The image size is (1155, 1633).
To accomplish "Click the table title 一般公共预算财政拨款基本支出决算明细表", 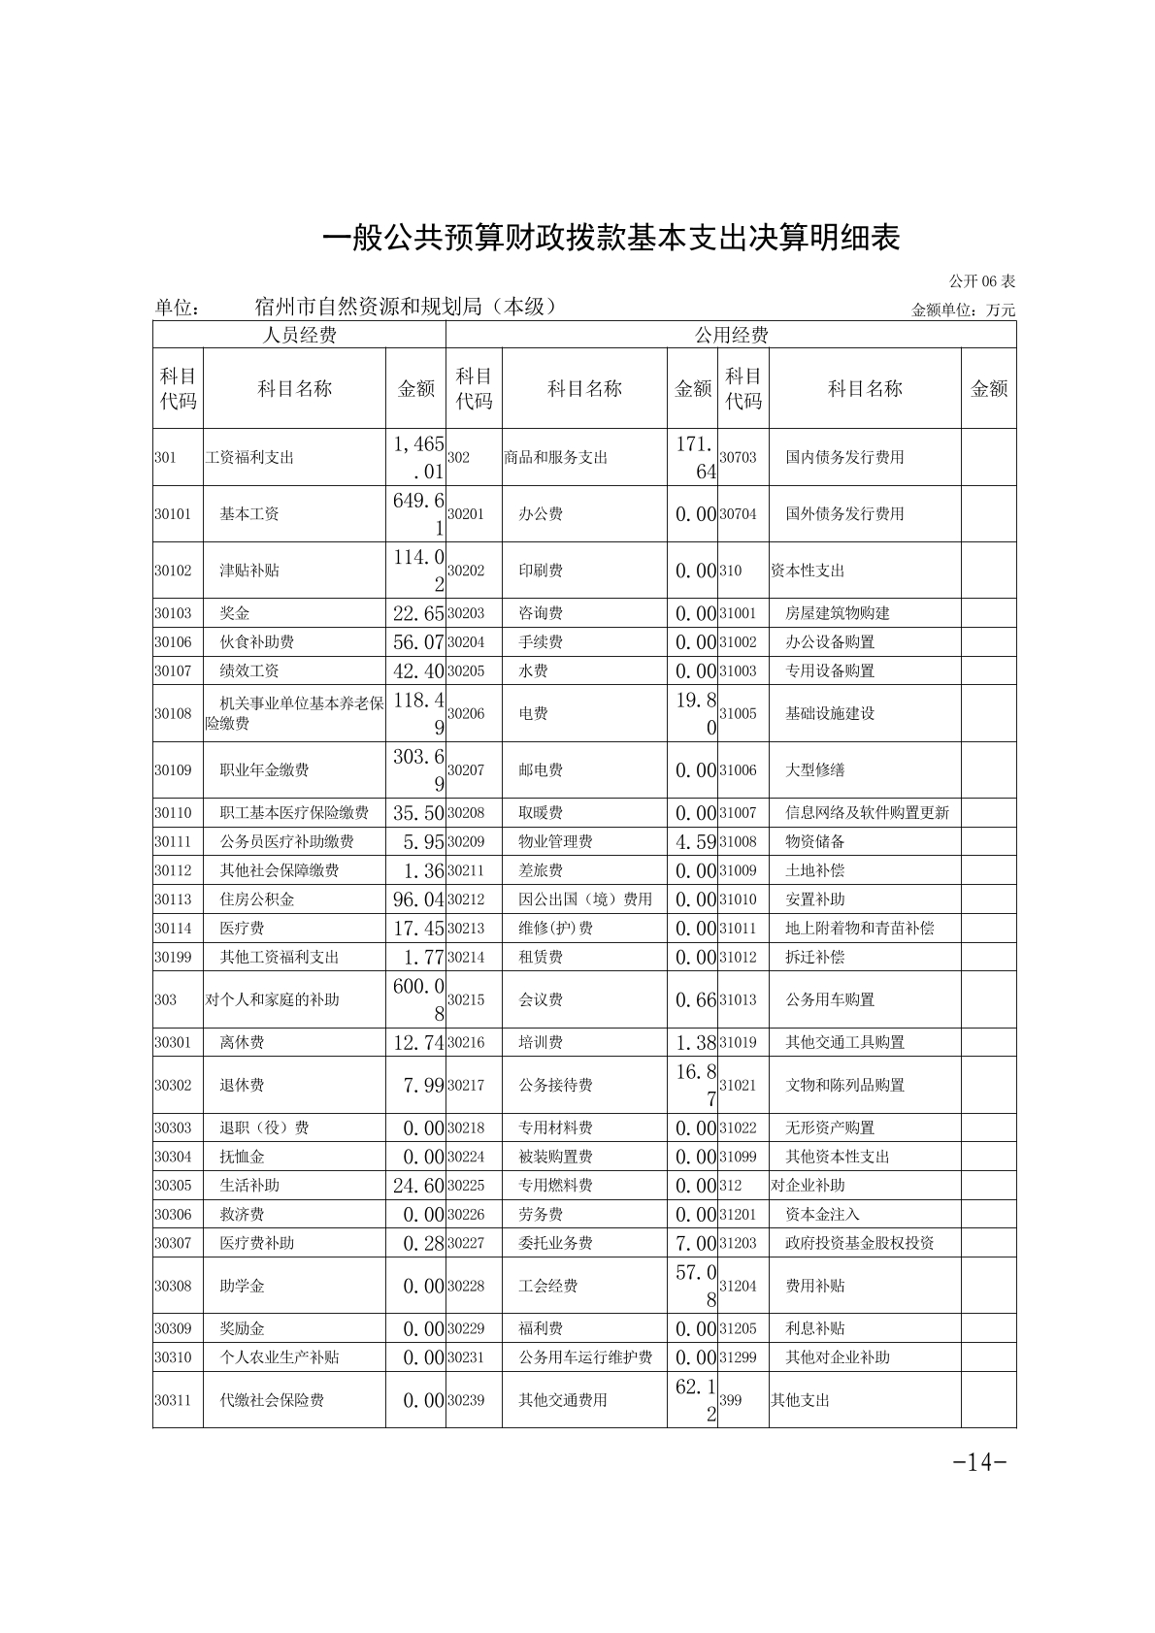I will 611,238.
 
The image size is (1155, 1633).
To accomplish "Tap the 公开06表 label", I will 981,281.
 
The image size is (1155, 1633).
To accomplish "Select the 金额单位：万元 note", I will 963,310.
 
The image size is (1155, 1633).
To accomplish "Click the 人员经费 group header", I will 300,336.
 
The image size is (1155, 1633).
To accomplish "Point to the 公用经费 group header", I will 730,336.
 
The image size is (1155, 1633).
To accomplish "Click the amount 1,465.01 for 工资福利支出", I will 418,457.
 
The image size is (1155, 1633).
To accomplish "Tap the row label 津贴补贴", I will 249,571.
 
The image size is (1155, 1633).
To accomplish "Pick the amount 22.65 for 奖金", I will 418,613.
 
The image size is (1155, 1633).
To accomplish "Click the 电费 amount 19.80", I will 696,713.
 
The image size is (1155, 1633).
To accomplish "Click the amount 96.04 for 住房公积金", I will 418,899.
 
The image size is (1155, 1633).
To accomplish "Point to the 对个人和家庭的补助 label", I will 272,999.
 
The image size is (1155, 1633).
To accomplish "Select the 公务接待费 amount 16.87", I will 696,1085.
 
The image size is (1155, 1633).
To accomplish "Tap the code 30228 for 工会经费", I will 466,1286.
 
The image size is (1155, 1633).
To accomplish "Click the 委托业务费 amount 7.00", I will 696,1243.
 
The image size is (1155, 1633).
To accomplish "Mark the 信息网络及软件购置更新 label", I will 867,813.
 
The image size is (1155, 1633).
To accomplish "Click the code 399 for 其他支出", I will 730,1400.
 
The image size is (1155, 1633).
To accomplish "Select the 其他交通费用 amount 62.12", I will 696,1400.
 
